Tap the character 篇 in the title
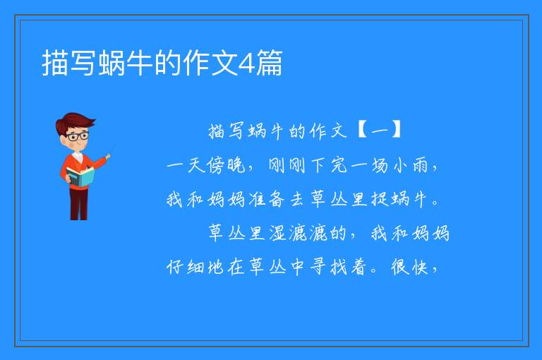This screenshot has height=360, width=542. coord(270,63)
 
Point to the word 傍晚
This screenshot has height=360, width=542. coord(226,165)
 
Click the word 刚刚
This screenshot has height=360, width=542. coord(287,165)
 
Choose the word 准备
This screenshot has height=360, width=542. coord(267,199)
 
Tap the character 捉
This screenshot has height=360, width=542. coord(380,199)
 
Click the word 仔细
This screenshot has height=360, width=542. coord(185,267)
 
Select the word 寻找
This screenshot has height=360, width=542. coord(329,267)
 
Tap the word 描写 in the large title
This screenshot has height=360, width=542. coord(69,63)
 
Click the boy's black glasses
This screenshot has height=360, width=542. coord(77,136)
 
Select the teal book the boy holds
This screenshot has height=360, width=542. coord(80,176)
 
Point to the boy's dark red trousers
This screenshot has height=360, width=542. coord(79,204)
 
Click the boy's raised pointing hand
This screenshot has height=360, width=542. coord(108,156)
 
